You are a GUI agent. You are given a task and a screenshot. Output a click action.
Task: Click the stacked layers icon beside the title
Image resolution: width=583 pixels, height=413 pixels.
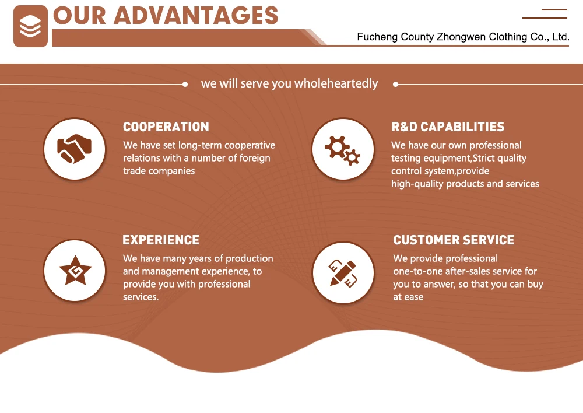(30, 26)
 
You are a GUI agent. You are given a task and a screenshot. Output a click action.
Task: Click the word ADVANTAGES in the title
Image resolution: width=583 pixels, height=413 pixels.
(196, 16)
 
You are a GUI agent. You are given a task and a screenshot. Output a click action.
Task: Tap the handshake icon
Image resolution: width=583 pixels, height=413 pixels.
(75, 149)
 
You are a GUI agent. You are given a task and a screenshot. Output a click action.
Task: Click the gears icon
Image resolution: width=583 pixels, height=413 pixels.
(342, 149)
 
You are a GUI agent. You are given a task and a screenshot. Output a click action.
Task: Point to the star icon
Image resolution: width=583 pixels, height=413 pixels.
(75, 271)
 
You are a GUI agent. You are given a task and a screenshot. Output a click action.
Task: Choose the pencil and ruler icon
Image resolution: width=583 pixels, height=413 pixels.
(343, 272)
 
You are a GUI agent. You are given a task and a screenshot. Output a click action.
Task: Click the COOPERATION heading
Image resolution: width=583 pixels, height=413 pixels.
(166, 127)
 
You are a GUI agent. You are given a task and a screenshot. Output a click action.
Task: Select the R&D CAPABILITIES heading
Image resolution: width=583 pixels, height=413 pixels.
(448, 127)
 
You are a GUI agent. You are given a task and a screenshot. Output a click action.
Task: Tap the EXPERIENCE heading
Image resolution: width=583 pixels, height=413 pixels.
(161, 240)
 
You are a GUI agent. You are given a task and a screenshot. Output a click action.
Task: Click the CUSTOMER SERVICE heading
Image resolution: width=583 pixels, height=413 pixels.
(454, 240)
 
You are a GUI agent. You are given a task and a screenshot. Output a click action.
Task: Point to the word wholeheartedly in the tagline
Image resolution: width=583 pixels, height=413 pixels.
(336, 83)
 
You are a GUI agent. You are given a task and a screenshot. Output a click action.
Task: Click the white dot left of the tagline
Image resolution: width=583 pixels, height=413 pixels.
(185, 84)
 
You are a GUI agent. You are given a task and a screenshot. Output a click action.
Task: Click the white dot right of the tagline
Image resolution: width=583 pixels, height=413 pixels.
(395, 84)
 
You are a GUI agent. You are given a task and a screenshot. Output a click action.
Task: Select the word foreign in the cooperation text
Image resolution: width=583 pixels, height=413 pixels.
(255, 158)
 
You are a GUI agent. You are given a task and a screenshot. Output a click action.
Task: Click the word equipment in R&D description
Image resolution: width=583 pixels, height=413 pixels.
(447, 158)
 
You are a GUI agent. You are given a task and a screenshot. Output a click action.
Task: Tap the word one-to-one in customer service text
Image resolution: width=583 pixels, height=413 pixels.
(417, 271)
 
